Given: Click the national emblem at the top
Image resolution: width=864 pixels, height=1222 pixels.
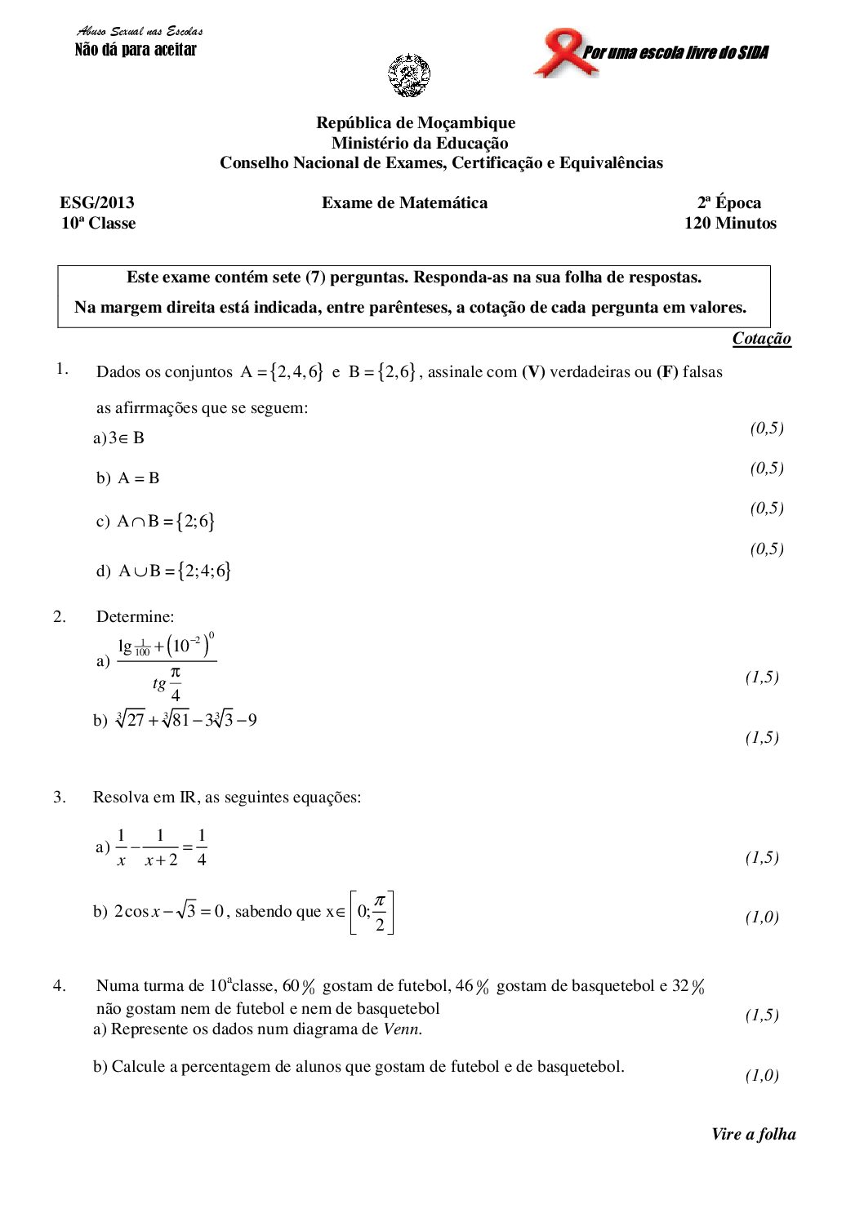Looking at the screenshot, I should click(x=408, y=76).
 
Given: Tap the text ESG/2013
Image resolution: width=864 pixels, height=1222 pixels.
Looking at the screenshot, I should click(x=97, y=202).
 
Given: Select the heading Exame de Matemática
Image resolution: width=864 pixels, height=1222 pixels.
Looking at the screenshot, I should click(x=404, y=202).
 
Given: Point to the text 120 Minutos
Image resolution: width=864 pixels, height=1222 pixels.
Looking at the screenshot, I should click(x=730, y=223).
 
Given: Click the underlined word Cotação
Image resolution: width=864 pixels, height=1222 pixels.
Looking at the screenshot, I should click(x=761, y=339).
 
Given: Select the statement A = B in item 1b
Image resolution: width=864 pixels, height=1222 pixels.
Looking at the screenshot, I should click(x=138, y=478).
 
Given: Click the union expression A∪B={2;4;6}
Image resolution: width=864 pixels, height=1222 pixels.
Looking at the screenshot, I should click(x=175, y=571).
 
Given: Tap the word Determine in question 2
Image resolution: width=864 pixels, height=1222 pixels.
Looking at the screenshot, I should click(x=135, y=616).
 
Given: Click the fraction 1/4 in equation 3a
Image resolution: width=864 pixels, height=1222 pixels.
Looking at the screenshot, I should click(x=202, y=847).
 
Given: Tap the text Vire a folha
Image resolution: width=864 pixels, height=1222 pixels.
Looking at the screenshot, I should click(x=753, y=1134).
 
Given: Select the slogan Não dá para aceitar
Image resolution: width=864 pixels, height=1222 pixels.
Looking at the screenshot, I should click(x=136, y=50).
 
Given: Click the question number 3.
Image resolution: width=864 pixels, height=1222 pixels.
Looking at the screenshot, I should click(x=60, y=797).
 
